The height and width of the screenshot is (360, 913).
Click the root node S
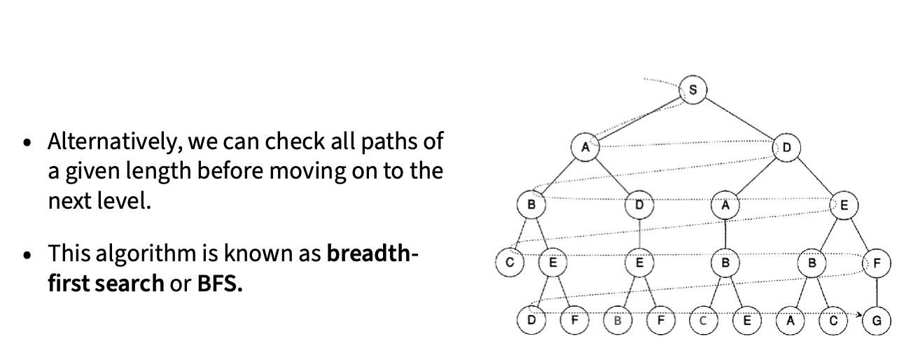(693, 90)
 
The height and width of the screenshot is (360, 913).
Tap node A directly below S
(585, 148)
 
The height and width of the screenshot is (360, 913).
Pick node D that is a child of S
(786, 148)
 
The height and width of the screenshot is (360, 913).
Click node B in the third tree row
(531, 206)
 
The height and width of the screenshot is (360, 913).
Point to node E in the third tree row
(844, 206)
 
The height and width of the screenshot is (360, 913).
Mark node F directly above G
(877, 263)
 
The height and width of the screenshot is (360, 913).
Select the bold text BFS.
(220, 284)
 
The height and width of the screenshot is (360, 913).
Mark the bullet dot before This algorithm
(27, 255)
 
